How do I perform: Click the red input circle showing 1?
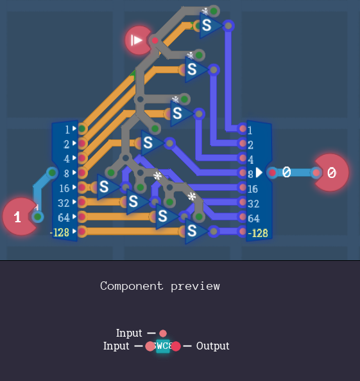[x=19, y=217]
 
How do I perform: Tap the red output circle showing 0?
[x=331, y=172]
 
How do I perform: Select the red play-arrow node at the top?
[x=137, y=40]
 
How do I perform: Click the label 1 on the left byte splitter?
[x=67, y=129]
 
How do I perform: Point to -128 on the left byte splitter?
[x=60, y=232]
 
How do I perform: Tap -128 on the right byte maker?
[x=258, y=233]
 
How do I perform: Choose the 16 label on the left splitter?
[x=64, y=188]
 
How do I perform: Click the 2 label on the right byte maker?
[x=251, y=145]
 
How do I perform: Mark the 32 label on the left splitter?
[x=64, y=203]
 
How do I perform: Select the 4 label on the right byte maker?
[x=251, y=159]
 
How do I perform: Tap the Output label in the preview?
[x=212, y=346]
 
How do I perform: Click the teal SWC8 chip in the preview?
[x=163, y=346]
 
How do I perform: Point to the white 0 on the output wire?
[x=287, y=172]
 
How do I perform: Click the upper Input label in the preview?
[x=129, y=333]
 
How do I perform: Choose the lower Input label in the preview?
[x=116, y=346]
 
